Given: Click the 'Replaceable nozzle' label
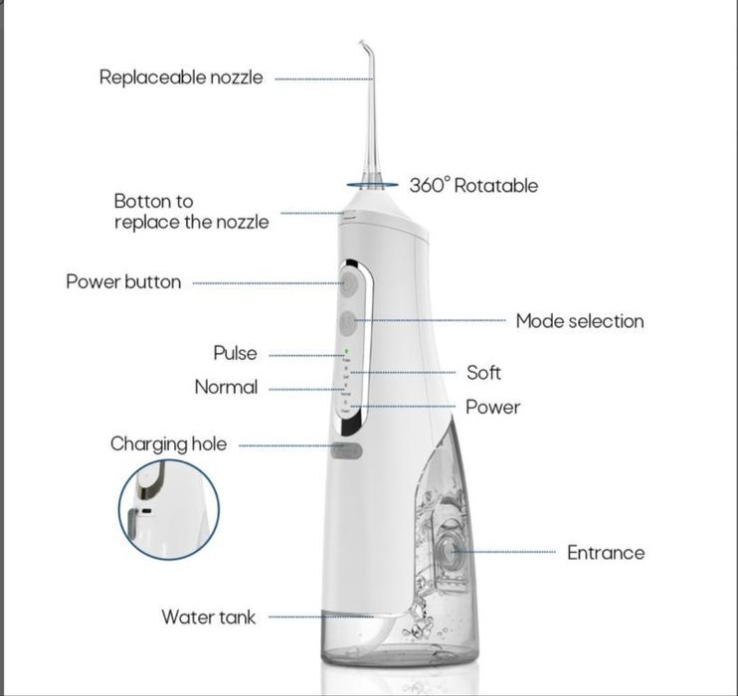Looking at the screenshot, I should [x=181, y=78].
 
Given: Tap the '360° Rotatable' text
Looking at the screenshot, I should [x=473, y=185].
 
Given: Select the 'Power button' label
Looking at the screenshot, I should [x=123, y=281].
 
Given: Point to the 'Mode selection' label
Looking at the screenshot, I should [x=579, y=321].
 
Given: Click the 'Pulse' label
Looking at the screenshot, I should [x=235, y=353].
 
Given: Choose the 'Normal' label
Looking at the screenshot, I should [x=226, y=387].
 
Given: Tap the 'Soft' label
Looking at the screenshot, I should [x=483, y=373].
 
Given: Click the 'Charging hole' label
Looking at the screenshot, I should [x=168, y=444].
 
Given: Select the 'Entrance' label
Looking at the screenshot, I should [x=606, y=553].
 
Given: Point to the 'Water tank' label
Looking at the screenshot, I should [x=208, y=617].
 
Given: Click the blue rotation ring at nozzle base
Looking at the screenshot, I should [x=372, y=184].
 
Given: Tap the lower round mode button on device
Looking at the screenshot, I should [x=347, y=322].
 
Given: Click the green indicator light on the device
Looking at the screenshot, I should [x=346, y=351].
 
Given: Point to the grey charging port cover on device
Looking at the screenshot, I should [x=348, y=449].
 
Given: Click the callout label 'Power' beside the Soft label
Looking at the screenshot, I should [x=492, y=408].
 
